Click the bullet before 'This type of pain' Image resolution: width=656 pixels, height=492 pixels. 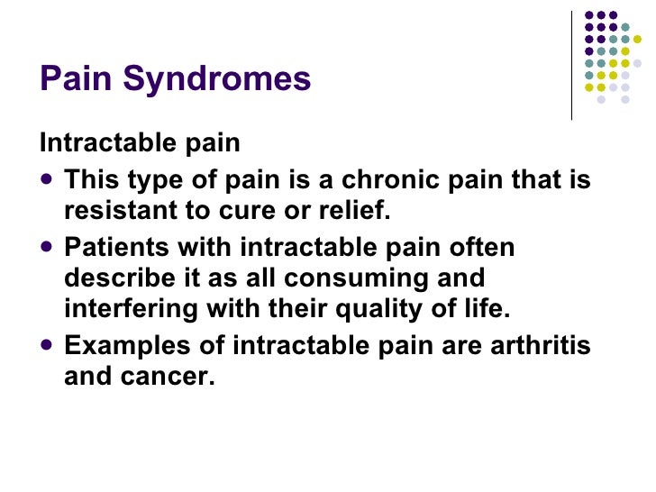coord(48,180)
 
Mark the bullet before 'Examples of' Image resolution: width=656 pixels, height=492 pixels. coord(48,345)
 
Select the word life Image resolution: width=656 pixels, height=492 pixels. coord(485,308)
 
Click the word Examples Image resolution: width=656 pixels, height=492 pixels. coord(123,345)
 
